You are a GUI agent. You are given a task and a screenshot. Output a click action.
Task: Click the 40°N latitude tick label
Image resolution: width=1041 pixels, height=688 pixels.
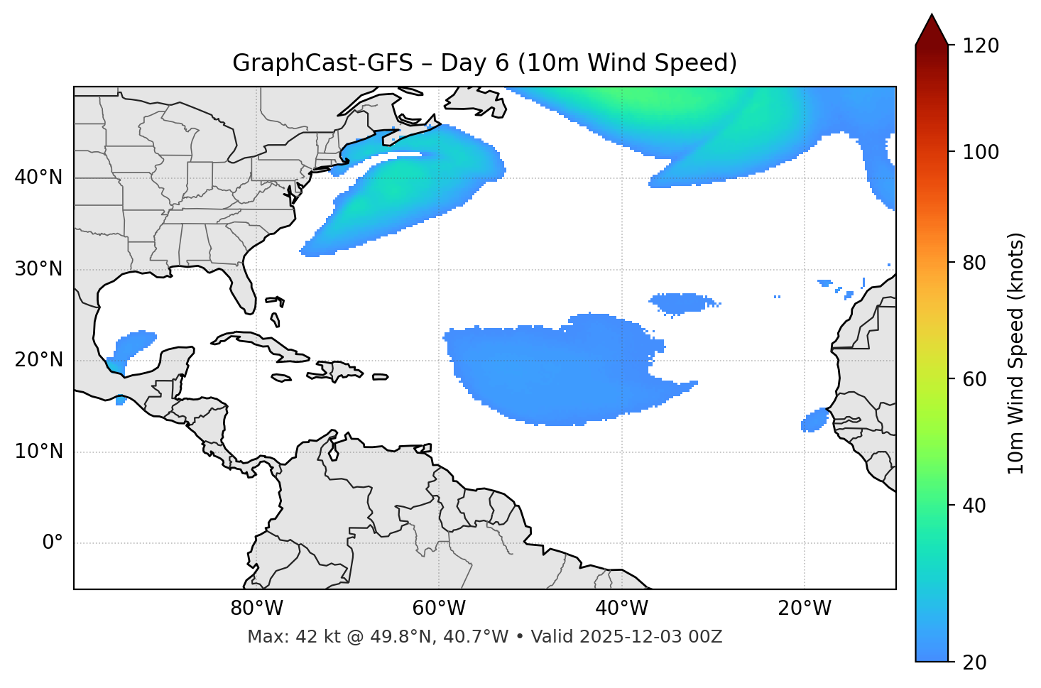click(38, 178)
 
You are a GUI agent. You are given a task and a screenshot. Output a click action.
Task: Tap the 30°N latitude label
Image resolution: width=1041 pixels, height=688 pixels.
click(38, 269)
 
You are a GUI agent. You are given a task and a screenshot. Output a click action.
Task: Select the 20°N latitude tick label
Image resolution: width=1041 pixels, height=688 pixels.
click(38, 360)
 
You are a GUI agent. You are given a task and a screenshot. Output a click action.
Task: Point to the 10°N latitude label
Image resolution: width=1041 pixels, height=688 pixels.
click(38, 452)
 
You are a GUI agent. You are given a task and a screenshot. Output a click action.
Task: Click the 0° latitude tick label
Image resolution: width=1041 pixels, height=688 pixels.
click(53, 543)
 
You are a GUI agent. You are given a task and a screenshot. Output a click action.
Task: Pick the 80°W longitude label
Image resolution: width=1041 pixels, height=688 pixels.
click(256, 608)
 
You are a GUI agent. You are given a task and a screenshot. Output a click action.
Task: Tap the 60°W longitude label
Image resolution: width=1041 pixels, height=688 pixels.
click(439, 608)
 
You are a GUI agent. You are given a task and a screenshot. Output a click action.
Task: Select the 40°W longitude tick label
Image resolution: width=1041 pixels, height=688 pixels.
click(621, 608)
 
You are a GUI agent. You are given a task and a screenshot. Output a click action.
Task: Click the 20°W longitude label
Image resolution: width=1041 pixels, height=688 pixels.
click(804, 608)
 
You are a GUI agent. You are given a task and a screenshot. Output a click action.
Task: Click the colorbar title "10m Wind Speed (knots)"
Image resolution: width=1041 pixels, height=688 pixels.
click(1016, 353)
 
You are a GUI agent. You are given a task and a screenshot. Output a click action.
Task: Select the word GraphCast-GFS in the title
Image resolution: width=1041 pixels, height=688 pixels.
click(322, 63)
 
